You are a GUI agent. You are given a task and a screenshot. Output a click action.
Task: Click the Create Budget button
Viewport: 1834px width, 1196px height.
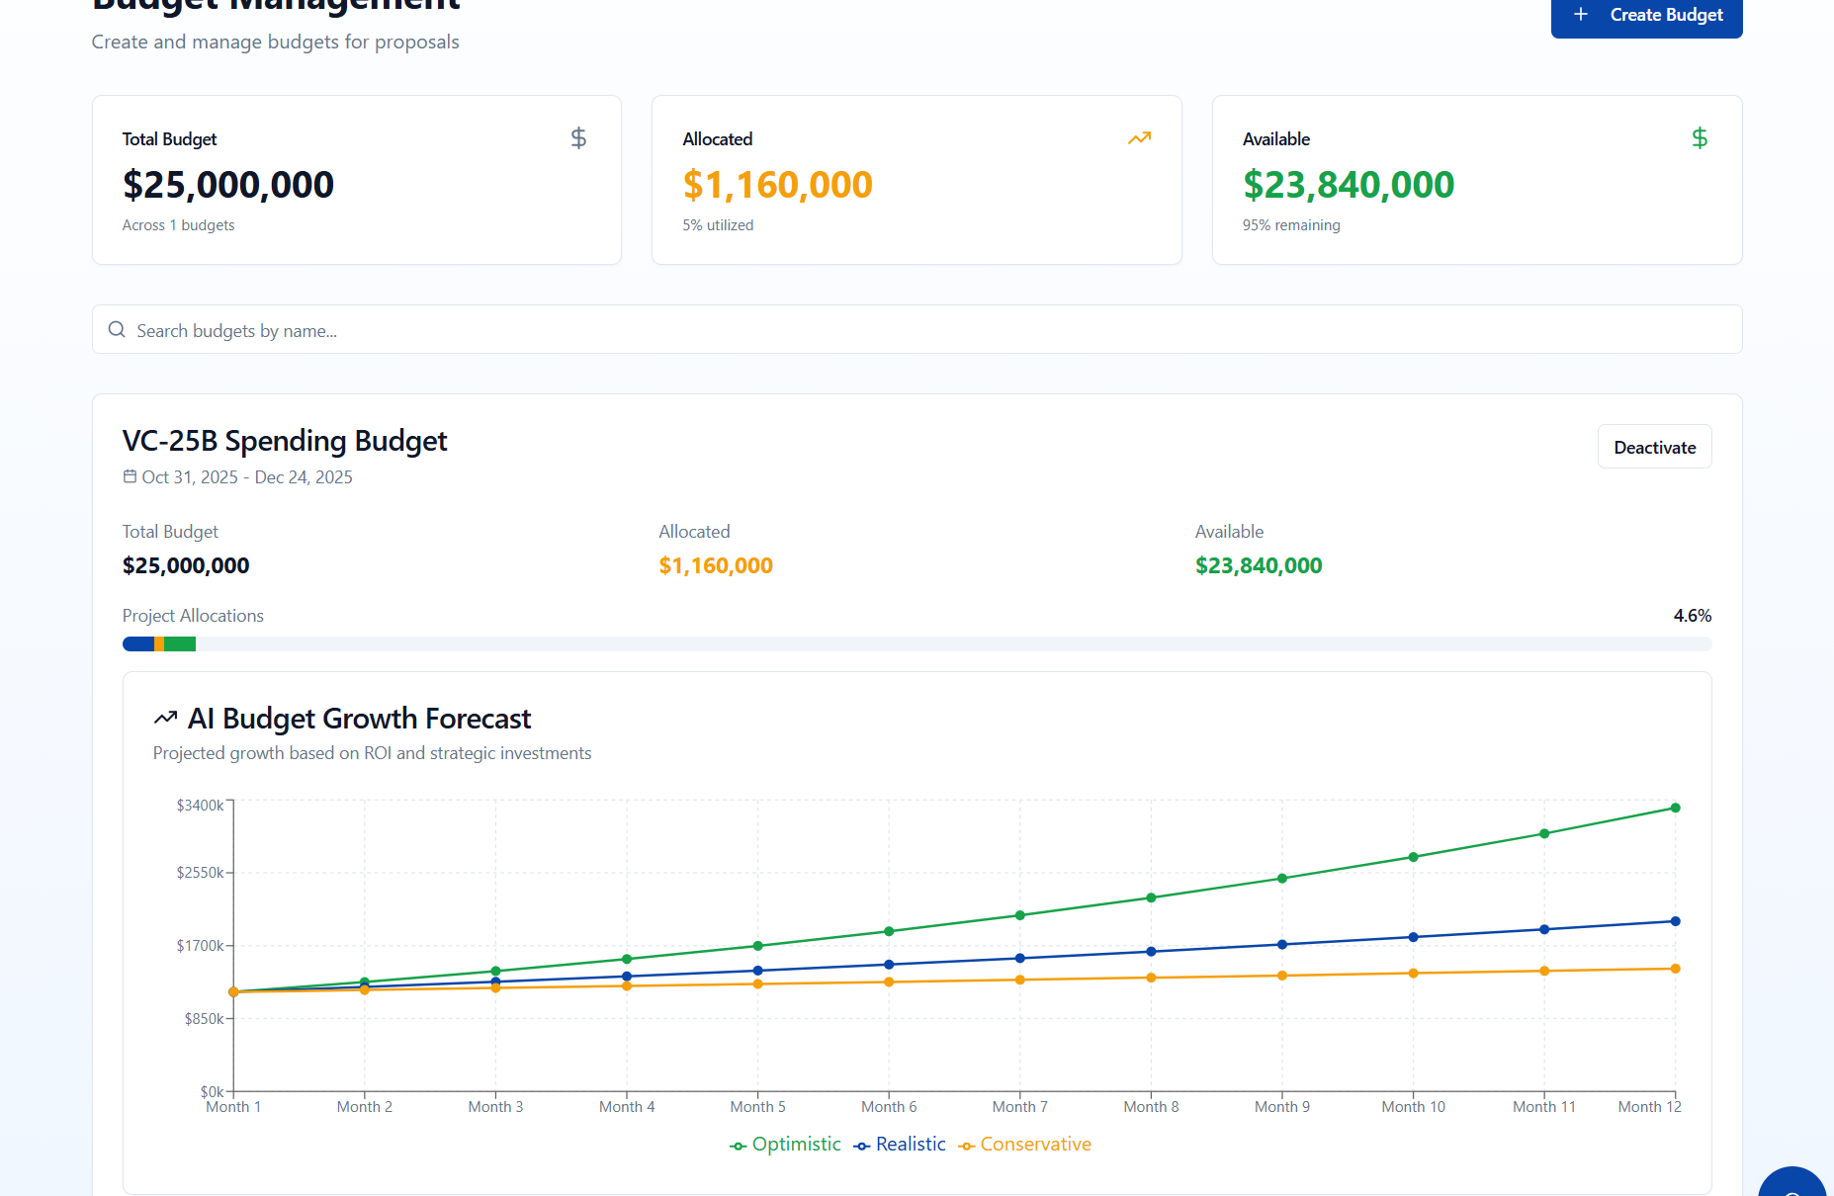[1646, 16]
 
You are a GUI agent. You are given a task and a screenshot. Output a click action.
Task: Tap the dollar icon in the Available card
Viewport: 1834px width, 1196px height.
[1699, 138]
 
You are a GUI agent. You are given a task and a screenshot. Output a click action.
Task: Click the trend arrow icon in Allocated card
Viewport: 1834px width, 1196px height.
[1139, 138]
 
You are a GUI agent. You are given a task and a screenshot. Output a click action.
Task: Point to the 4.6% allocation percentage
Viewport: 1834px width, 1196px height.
[1692, 616]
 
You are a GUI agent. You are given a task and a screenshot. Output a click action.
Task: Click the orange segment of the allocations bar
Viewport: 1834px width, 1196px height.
[159, 644]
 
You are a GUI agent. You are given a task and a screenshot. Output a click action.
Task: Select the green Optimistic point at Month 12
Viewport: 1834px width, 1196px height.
[1675, 808]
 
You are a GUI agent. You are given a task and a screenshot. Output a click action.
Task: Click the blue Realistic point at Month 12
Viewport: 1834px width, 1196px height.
[1675, 921]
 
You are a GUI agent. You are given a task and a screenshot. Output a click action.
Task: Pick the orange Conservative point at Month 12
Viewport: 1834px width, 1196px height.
[1675, 969]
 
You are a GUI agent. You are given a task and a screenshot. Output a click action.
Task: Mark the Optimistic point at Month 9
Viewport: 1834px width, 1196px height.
[1282, 878]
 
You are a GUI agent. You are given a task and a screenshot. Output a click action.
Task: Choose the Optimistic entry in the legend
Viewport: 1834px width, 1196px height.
[786, 1145]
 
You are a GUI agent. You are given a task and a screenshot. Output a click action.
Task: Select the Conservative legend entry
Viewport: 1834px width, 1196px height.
[1025, 1145]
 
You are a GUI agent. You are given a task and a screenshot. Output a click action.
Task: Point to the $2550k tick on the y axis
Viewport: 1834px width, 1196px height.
[200, 873]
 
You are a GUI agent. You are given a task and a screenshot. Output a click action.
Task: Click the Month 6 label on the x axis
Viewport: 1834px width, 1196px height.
[889, 1107]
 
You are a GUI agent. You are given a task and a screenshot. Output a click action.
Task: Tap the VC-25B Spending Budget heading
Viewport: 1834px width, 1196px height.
[285, 441]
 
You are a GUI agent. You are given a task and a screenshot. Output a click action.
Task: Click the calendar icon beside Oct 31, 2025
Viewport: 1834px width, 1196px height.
[130, 476]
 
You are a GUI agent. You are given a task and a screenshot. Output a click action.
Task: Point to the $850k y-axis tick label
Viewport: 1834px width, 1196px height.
[204, 1019]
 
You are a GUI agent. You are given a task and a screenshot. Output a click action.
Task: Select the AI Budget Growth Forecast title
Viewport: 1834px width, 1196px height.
[359, 719]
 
